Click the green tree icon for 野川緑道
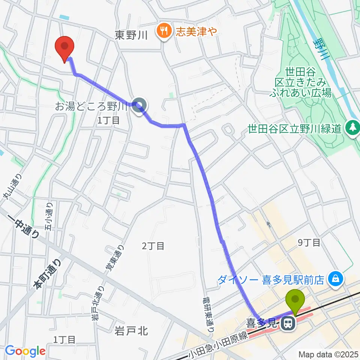353,127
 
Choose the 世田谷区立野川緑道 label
295,129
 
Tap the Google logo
25,351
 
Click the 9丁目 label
309,243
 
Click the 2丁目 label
153,246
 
